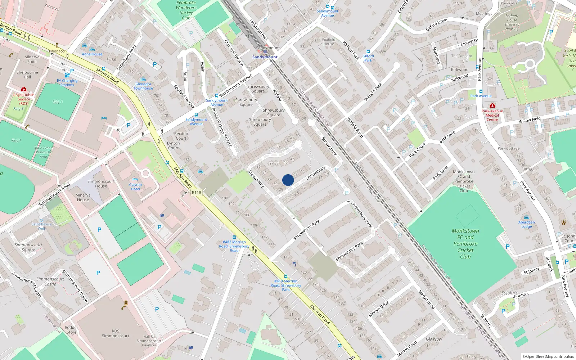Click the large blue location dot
tap(288, 180)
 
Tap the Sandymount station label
tap(265, 57)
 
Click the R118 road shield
tap(197, 193)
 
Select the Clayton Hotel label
tap(135, 186)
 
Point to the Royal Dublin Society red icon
tap(24, 89)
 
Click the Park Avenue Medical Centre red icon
tap(492, 105)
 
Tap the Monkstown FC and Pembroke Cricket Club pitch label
tap(465, 244)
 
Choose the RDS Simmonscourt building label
tap(115, 333)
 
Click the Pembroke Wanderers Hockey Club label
tap(186, 10)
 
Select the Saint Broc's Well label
tap(41, 226)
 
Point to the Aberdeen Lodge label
tap(526, 224)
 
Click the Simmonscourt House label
tap(101, 184)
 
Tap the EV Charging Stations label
tap(67, 83)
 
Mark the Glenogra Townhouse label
tap(143, 86)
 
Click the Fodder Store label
tap(72, 330)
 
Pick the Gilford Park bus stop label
tap(368, 58)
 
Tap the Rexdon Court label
tap(181, 136)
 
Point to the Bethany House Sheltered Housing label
tap(512, 22)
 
